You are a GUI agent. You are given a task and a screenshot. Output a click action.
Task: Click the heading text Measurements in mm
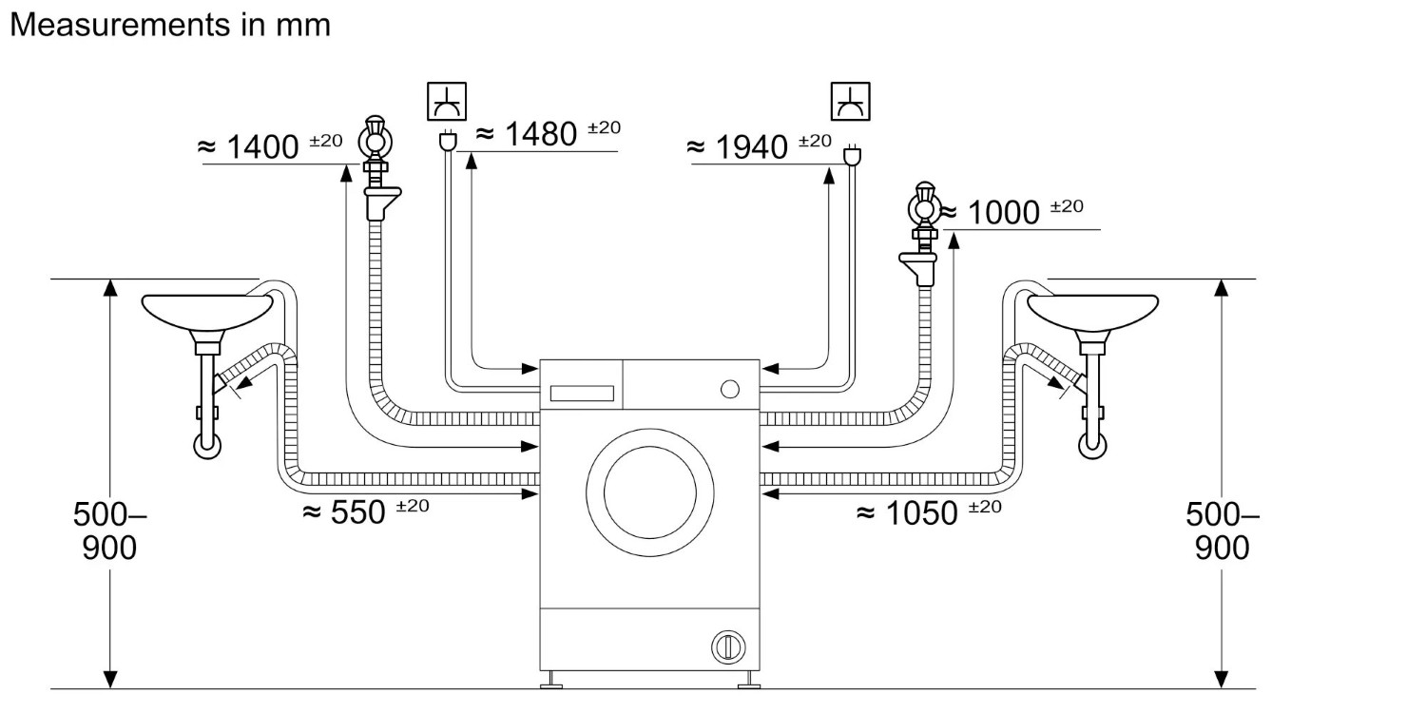[169, 25]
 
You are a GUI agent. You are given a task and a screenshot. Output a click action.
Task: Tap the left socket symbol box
[446, 102]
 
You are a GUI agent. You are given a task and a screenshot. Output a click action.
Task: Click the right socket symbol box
[850, 102]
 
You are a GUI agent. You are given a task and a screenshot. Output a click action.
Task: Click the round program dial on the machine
[729, 388]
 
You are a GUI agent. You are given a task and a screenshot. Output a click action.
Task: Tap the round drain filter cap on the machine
[727, 646]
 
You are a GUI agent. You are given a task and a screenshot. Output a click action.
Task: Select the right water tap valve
[922, 204]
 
